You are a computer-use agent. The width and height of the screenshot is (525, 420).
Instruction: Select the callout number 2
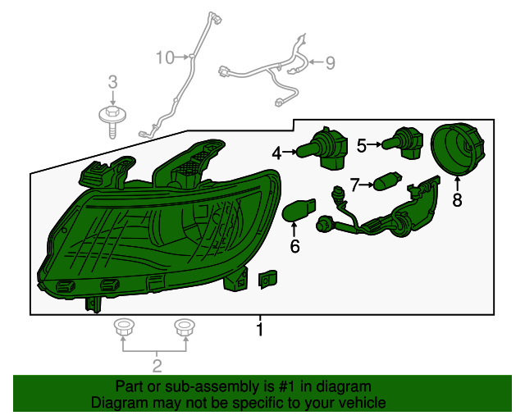click(x=156, y=365)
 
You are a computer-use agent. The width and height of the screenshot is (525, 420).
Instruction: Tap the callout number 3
click(x=113, y=81)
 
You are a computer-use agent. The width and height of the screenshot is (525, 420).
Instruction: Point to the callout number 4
click(x=277, y=153)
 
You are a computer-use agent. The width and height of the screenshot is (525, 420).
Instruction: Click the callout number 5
click(x=362, y=145)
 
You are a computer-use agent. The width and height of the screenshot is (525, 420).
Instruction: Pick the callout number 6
click(x=294, y=245)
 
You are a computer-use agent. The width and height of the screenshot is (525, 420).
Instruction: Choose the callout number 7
click(x=355, y=185)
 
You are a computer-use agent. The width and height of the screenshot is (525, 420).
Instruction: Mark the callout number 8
click(x=457, y=199)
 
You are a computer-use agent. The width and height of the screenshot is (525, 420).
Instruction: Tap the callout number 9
click(x=330, y=62)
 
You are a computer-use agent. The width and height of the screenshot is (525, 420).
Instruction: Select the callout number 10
click(x=165, y=57)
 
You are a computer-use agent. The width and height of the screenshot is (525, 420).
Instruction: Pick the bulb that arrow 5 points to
click(x=403, y=144)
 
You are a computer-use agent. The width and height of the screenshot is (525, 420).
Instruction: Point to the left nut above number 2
click(x=124, y=328)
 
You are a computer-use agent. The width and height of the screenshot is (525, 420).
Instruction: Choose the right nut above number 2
click(x=185, y=328)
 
